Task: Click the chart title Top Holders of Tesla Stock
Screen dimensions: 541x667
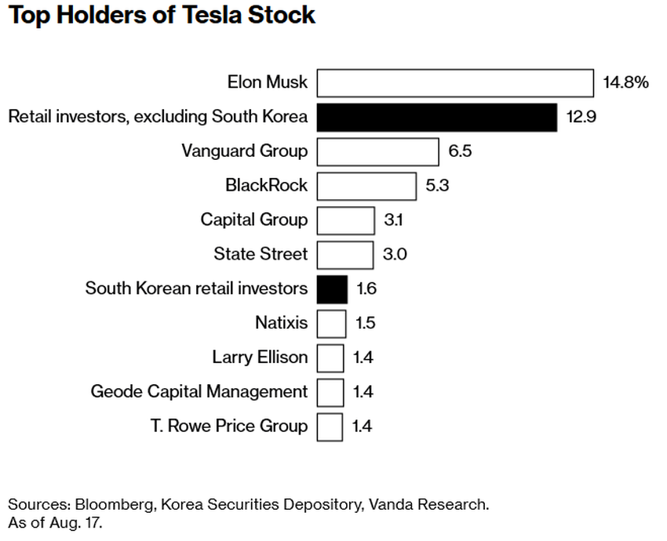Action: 162,16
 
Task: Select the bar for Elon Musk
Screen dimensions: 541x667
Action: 455,83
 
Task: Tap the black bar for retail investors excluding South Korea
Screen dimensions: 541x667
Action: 437,118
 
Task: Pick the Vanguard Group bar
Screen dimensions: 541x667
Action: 377,151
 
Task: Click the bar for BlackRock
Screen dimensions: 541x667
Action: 366,186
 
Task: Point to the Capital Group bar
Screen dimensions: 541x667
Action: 345,220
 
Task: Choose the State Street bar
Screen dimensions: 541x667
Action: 344,255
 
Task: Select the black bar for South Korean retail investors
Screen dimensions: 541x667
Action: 332,289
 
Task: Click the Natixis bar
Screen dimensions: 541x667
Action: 331,323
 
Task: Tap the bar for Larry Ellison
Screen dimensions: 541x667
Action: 330,358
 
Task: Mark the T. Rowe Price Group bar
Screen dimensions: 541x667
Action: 330,427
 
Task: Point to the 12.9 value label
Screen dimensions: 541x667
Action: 581,118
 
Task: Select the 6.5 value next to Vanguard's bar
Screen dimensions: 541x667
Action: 460,151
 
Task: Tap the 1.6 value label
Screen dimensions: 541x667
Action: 366,289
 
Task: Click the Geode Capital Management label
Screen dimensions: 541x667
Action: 199,391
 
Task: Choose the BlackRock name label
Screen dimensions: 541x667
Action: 266,186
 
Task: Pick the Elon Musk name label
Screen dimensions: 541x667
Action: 268,82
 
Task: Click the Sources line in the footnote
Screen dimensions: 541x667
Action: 248,504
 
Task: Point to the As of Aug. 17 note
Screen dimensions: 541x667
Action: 55,523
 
